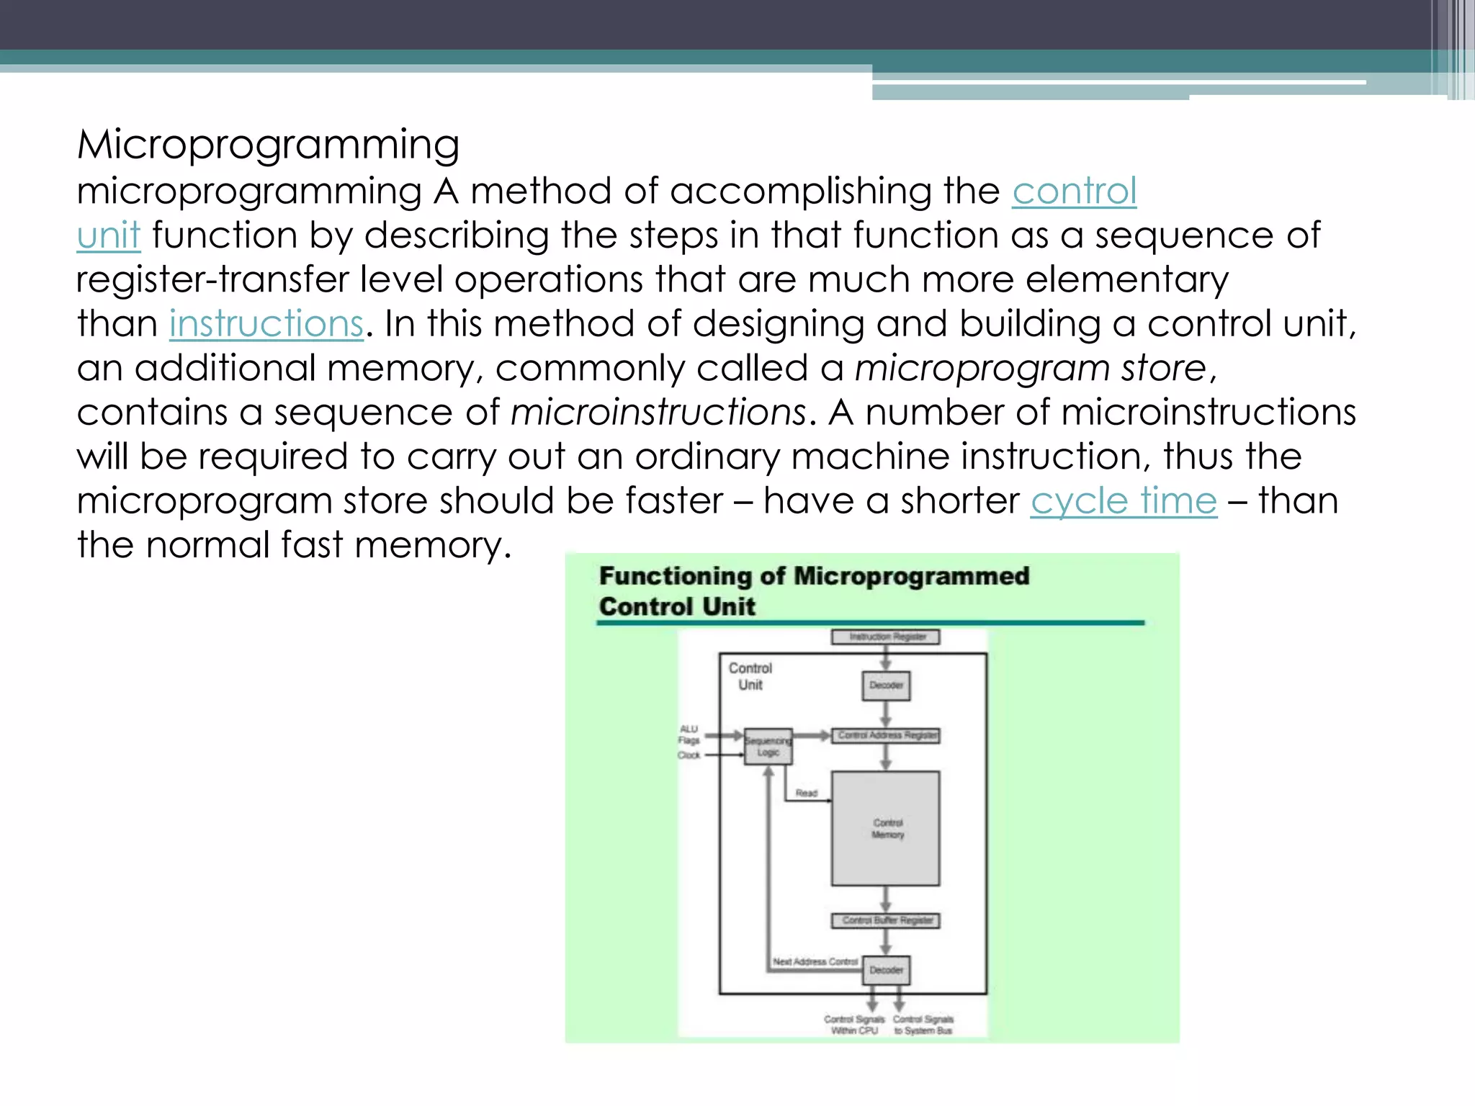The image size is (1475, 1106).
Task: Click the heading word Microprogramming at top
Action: click(268, 145)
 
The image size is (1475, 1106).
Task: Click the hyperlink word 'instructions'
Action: click(266, 324)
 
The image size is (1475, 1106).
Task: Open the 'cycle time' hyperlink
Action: click(1124, 501)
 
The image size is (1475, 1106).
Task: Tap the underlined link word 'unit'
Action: click(109, 236)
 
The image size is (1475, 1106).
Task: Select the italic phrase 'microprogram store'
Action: click(1031, 369)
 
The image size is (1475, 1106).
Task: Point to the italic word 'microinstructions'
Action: click(658, 413)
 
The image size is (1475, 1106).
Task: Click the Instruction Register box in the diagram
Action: click(886, 637)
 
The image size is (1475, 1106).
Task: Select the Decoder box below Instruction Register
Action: click(886, 685)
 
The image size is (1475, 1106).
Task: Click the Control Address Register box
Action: click(886, 736)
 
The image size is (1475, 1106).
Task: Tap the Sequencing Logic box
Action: click(768, 747)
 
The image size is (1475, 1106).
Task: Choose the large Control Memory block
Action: click(886, 829)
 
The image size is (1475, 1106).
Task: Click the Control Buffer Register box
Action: click(886, 921)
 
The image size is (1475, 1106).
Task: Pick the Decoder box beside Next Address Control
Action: click(886, 970)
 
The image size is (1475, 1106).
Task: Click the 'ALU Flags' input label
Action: click(689, 734)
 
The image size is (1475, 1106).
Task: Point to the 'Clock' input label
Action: click(689, 755)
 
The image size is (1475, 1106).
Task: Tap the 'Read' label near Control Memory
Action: click(806, 793)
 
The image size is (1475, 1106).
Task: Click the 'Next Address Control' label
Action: click(815, 962)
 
